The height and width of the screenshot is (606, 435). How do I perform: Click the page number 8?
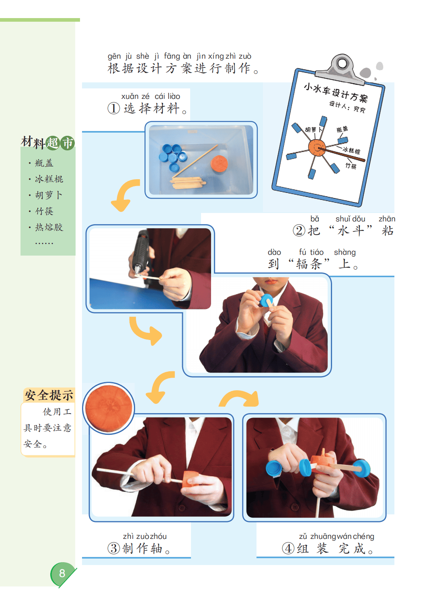(62, 573)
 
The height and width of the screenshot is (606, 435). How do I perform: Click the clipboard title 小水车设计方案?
(336, 93)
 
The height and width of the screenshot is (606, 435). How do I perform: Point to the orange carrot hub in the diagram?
(317, 148)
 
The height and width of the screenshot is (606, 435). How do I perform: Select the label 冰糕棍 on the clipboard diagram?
(351, 150)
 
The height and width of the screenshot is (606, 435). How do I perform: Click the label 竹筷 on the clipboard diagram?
(351, 166)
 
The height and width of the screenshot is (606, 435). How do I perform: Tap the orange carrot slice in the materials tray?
(219, 164)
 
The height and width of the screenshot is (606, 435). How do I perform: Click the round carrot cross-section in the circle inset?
(109, 408)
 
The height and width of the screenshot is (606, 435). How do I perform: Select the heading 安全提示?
(49, 395)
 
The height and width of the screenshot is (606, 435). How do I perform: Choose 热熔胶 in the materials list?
(49, 227)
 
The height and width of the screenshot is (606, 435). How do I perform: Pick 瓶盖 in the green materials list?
(44, 163)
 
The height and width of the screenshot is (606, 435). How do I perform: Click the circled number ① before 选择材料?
(114, 109)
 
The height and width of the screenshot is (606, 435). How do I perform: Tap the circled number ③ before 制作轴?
(114, 549)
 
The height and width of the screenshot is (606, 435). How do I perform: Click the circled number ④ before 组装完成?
(288, 549)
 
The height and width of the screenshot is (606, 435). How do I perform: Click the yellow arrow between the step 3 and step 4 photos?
(239, 398)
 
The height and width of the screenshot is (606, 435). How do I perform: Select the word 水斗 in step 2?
(350, 231)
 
